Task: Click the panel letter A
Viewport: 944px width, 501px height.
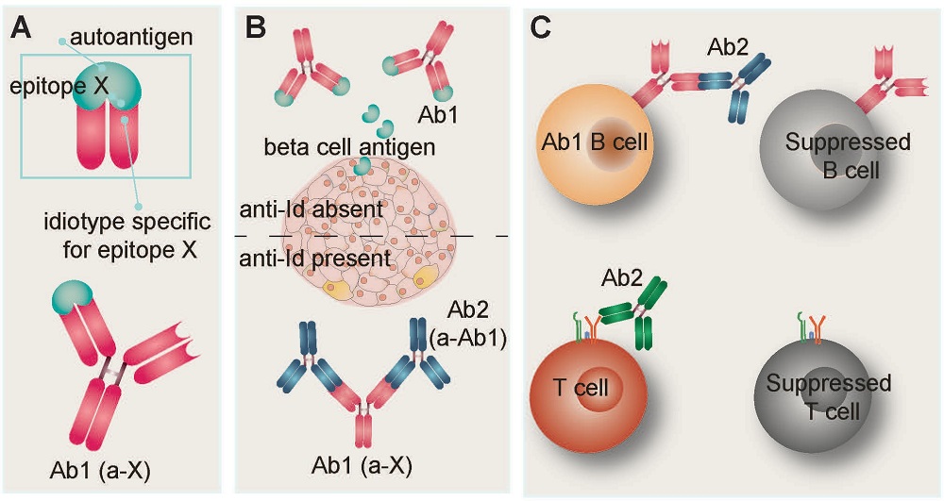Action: coord(22,27)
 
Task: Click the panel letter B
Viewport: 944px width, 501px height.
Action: coord(254,27)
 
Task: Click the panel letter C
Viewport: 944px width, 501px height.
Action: coord(541,27)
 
